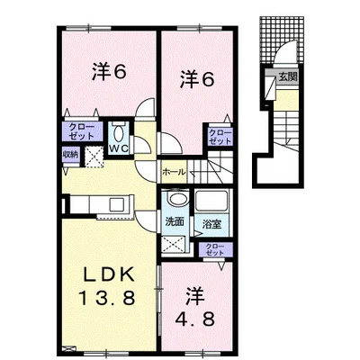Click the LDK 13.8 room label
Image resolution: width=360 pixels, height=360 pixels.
coord(106,286)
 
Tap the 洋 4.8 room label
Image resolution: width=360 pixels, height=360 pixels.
coord(195,308)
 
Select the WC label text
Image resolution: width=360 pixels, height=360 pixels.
coord(119,148)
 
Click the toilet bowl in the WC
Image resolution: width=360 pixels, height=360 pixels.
coord(119,133)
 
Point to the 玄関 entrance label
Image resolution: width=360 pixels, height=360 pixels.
coord(288,76)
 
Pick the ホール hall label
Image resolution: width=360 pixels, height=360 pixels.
coord(174,172)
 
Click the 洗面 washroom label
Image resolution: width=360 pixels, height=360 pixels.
coord(175,222)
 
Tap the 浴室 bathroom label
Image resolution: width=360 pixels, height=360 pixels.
coord(211,224)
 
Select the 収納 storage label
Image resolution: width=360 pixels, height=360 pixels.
coord(70,155)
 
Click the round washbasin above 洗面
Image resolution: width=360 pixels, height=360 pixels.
coord(176,198)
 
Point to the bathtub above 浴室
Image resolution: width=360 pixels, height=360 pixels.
coord(212,201)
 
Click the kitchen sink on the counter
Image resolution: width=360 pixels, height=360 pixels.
coord(119,204)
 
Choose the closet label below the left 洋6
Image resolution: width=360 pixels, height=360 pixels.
coord(82,131)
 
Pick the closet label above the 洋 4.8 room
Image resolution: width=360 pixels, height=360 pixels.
coord(215,249)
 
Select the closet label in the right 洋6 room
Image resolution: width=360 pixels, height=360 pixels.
coord(220,137)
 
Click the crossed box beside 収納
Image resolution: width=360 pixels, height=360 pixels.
coord(94,156)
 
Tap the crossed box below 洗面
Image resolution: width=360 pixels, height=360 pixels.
coord(174,244)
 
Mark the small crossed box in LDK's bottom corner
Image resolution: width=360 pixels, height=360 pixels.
coord(68,349)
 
